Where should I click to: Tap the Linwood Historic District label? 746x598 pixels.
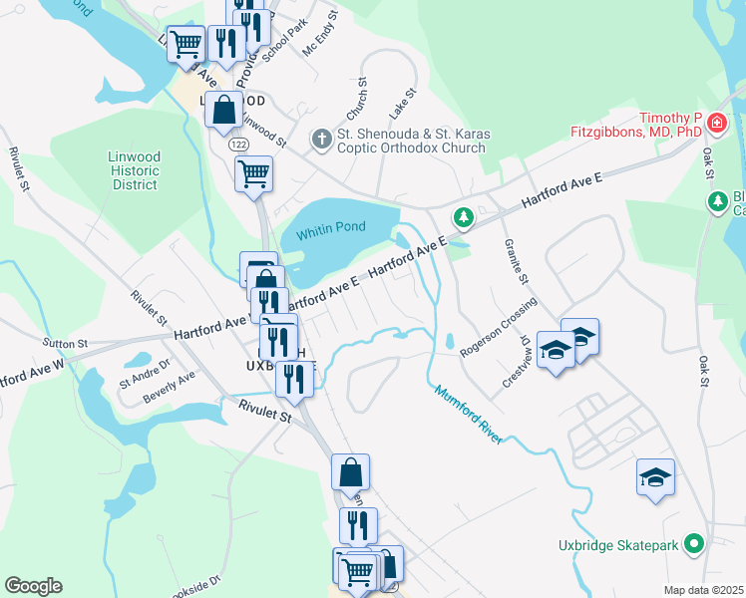pos(135,170)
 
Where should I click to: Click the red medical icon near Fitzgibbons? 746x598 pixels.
pos(716,123)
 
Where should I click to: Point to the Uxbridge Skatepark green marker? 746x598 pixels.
pos(696,544)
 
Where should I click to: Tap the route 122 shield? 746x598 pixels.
pos(239,145)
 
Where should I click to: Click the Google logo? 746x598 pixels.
pos(33,586)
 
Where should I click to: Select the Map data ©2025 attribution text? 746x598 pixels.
pos(703,590)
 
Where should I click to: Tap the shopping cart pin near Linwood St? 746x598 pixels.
pos(253,173)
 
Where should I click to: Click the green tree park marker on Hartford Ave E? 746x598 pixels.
pos(462,216)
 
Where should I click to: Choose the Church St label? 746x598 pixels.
pos(356,97)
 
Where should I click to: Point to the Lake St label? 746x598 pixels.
pos(403,100)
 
